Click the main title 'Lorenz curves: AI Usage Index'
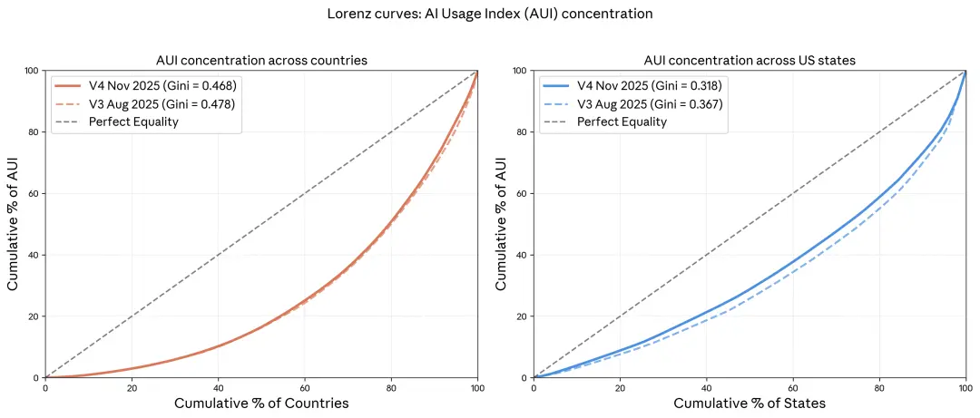(490, 15)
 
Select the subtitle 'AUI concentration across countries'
(261, 61)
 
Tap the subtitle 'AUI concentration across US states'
(749, 61)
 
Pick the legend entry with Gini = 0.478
(162, 104)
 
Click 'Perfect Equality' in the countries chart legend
(133, 122)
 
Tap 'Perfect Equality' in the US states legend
(622, 122)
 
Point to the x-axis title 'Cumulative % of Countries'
(261, 403)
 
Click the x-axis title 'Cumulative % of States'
(749, 403)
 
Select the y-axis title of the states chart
(502, 224)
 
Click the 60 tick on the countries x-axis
(304, 387)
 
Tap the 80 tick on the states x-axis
(878, 387)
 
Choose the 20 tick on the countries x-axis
(132, 387)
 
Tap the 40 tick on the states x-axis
(706, 387)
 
